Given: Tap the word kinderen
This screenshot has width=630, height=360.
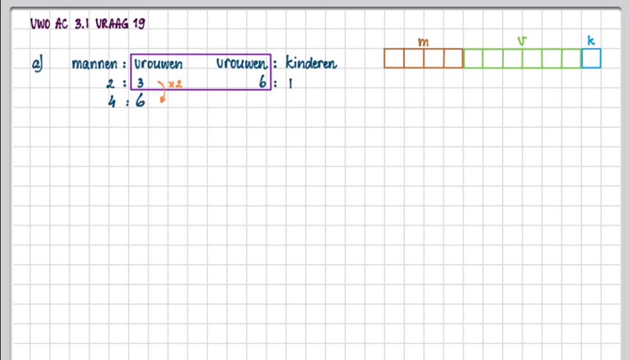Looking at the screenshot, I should pos(311,64).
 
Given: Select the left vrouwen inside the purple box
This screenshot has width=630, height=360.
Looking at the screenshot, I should pos(158,64).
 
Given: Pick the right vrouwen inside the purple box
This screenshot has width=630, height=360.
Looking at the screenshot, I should pos(241,64).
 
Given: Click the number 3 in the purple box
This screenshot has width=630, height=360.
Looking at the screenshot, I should pos(139,83).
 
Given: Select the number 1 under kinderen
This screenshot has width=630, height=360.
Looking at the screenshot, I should pos(289,83).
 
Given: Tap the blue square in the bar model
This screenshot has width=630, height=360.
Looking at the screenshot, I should pos(592,58).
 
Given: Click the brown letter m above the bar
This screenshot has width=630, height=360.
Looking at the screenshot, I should pos(423,42).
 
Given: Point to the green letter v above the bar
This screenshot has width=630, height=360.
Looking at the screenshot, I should pos(523,42).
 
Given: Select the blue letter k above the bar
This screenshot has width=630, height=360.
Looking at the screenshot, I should pos(591,41).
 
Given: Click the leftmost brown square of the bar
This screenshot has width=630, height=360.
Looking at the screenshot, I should pos(394,58).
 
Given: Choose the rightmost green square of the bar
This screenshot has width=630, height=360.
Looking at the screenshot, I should pos(572,58).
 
